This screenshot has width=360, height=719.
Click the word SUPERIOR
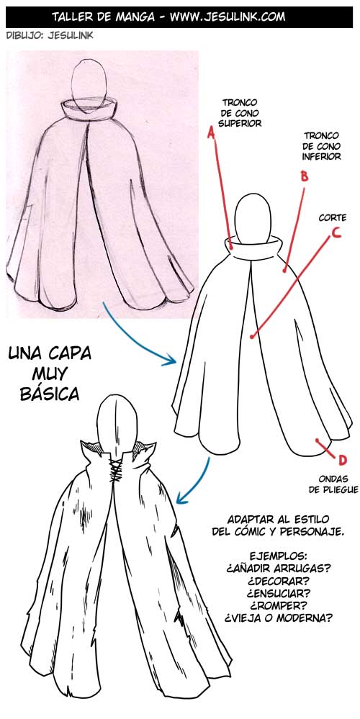[x=240, y=123]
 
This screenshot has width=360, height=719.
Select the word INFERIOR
[x=322, y=156]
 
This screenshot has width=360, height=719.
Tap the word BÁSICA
[x=50, y=394]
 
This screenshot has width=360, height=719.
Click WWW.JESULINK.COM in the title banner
[x=227, y=16]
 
